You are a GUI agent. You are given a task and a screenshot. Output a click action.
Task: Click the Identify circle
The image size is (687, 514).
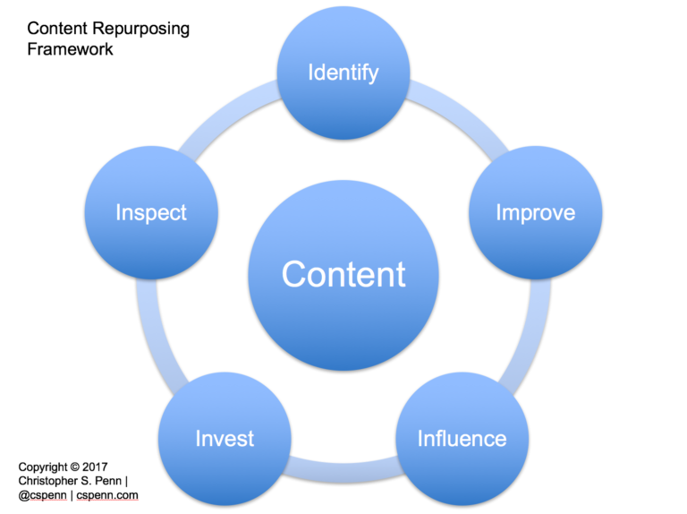pyautogui.click(x=343, y=73)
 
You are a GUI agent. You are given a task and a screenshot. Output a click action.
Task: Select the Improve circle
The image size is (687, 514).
pyautogui.click(x=535, y=212)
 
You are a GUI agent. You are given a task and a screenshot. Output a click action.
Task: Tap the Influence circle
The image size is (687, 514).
pyautogui.click(x=462, y=438)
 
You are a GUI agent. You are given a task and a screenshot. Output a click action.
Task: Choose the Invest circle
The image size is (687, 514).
pyautogui.click(x=225, y=438)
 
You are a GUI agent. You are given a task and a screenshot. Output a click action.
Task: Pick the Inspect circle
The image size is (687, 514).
pyautogui.click(x=151, y=212)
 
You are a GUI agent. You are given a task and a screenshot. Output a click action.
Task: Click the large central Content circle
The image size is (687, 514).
pyautogui.click(x=343, y=274)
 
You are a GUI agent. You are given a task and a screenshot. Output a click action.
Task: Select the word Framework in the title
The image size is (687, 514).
pyautogui.click(x=69, y=49)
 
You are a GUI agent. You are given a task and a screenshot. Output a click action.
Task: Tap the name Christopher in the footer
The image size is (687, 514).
pyautogui.click(x=52, y=481)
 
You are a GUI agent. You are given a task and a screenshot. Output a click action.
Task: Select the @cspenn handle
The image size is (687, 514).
pyautogui.click(x=44, y=494)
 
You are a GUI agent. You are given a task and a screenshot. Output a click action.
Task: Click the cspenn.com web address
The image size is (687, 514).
pyautogui.click(x=107, y=494)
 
